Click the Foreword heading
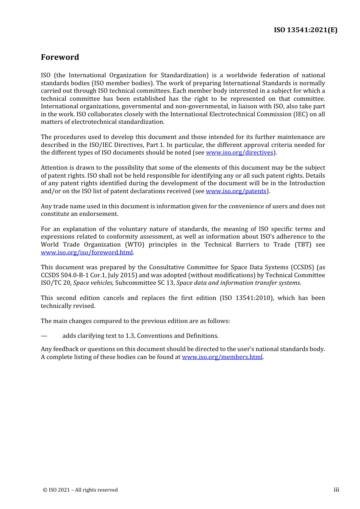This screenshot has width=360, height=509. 60,57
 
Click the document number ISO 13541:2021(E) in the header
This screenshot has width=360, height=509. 305,30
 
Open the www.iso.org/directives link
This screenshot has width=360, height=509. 239,153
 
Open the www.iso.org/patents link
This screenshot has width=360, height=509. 236,191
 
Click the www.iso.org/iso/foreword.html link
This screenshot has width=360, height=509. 87,253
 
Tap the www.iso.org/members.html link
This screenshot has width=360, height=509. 222,357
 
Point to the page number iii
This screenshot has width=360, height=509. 336,490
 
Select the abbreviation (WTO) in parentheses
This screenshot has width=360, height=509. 135,245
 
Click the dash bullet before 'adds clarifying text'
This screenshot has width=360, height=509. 44,336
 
